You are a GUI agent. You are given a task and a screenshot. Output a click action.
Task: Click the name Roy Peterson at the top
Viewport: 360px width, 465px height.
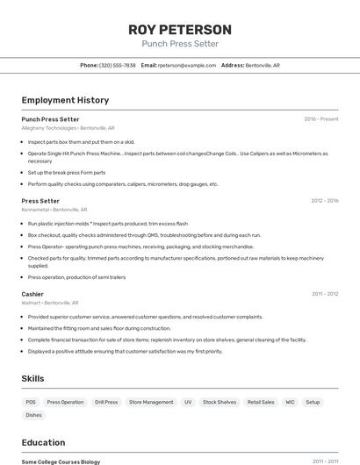180,29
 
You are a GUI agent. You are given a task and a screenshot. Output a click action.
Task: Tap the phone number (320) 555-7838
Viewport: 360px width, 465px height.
117,65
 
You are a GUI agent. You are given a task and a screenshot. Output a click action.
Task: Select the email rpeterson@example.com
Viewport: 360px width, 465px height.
187,65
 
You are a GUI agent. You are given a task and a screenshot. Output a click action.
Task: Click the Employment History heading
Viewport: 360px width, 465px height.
65,100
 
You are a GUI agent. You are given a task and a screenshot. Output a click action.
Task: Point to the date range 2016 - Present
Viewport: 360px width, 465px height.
320,119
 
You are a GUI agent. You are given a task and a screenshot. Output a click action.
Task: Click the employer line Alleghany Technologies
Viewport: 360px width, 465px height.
68,128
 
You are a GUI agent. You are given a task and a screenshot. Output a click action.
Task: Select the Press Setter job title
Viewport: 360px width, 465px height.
40,201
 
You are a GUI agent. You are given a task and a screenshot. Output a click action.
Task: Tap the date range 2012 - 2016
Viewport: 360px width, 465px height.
324,201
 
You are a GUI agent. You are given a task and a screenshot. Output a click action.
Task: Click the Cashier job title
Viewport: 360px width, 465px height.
32,294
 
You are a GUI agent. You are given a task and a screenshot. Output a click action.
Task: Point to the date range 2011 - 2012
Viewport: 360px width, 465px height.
324,294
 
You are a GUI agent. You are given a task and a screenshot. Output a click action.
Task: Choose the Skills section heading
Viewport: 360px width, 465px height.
33,378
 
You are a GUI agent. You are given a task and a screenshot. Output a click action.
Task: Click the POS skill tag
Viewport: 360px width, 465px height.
31,402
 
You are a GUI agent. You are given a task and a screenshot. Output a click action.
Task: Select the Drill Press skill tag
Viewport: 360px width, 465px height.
105,402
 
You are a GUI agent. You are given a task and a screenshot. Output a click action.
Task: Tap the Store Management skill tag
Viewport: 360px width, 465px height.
151,402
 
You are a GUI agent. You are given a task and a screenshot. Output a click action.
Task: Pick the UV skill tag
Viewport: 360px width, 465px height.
188,402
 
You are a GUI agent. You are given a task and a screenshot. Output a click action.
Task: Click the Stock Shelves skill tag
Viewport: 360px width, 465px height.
220,402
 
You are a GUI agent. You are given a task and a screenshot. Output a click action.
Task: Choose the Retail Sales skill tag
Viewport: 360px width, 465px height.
261,402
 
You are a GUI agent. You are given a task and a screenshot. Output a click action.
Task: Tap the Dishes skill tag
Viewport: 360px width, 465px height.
33,415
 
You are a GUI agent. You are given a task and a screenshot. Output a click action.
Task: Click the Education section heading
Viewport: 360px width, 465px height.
43,442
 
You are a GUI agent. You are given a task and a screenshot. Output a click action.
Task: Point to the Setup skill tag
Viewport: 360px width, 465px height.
313,402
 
